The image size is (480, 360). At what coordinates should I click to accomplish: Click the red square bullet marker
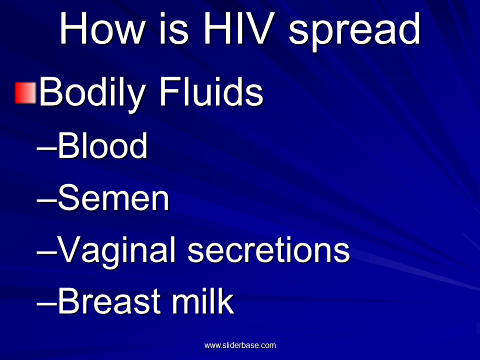click(x=25, y=93)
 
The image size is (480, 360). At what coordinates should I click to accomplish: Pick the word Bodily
click(x=92, y=93)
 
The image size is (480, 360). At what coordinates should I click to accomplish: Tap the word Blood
click(x=102, y=146)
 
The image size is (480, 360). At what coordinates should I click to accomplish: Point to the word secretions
click(x=268, y=250)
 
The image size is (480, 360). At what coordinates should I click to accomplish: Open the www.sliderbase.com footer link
click(x=240, y=345)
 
